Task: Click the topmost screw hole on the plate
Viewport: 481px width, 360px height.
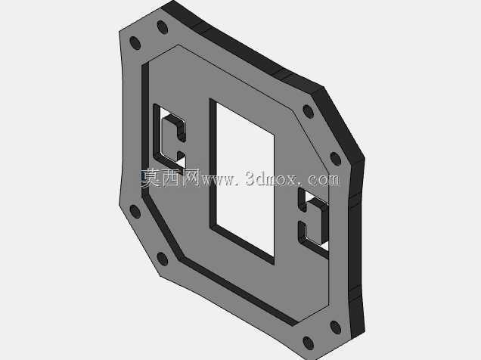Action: point(163,27)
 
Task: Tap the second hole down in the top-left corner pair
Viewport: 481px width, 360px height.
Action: point(135,43)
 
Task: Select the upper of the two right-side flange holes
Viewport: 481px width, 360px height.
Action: point(309,112)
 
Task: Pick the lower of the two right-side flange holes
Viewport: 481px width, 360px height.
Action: point(336,159)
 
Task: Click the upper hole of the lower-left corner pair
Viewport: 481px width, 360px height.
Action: point(135,212)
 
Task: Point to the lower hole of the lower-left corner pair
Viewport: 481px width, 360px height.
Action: point(163,259)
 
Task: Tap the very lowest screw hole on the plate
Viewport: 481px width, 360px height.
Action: point(309,343)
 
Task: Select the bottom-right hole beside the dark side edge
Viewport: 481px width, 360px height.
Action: point(336,327)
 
